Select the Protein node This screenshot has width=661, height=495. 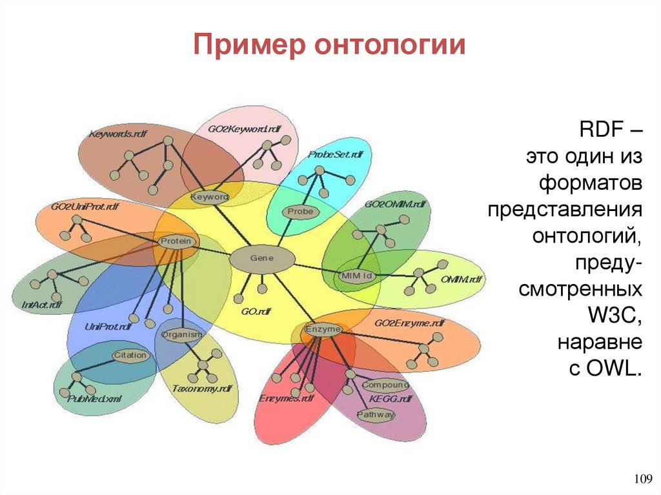176,241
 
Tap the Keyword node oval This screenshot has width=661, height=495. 210,196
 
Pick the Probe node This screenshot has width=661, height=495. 300,211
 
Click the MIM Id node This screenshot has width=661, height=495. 356,276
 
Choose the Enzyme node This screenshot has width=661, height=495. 323,330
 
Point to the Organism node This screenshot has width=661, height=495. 182,335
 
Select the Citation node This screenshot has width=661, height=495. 131,356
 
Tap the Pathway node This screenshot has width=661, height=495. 375,415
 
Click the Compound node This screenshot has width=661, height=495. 385,385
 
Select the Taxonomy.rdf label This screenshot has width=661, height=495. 201,389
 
